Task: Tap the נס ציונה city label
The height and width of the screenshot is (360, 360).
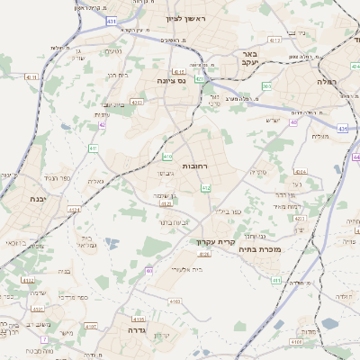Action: click(170, 81)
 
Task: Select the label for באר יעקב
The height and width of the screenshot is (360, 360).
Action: click(249, 58)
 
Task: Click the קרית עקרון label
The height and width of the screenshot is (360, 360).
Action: click(213, 242)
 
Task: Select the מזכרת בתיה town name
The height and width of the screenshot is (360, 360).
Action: click(263, 248)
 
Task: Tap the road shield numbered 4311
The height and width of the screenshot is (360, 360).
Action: click(32, 77)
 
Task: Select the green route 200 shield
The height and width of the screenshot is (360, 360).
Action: click(266, 85)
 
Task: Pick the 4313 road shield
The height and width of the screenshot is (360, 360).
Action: click(274, 40)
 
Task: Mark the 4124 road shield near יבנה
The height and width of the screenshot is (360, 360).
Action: click(74, 209)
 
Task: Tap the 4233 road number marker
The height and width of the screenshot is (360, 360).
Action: click(301, 217)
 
